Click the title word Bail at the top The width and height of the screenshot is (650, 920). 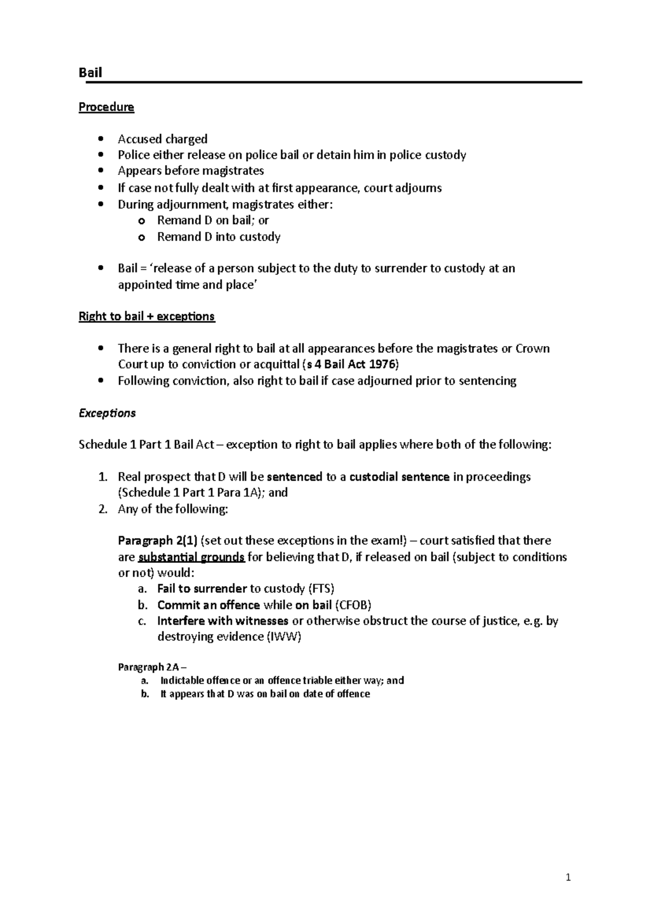point(90,73)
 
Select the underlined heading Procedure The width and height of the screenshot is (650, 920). point(106,107)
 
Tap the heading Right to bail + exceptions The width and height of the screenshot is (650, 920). point(147,316)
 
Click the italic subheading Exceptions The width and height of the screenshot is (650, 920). point(107,413)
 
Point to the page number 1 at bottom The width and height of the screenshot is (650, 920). point(568,878)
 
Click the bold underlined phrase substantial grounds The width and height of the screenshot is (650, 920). point(192,558)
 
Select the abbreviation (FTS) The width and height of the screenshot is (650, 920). point(321,589)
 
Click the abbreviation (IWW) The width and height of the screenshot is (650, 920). point(284,637)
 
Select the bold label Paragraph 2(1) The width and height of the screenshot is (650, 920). point(158,541)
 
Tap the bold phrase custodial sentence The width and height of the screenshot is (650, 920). point(399,477)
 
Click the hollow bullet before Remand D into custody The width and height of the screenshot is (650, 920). point(142,237)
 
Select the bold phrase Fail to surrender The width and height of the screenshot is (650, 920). point(201,589)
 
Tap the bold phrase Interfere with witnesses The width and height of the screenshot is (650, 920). point(223,621)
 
